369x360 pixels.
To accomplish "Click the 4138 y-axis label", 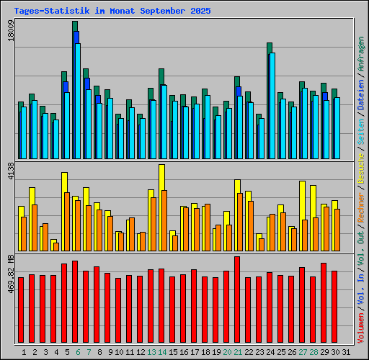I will (x=10, y=174).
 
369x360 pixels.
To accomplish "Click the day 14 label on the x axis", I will (x=162, y=352).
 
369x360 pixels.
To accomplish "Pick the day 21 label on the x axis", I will (x=238, y=352).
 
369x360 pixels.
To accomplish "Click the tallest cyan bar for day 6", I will (x=78, y=101).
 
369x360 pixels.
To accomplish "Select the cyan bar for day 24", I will (x=272, y=105).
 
